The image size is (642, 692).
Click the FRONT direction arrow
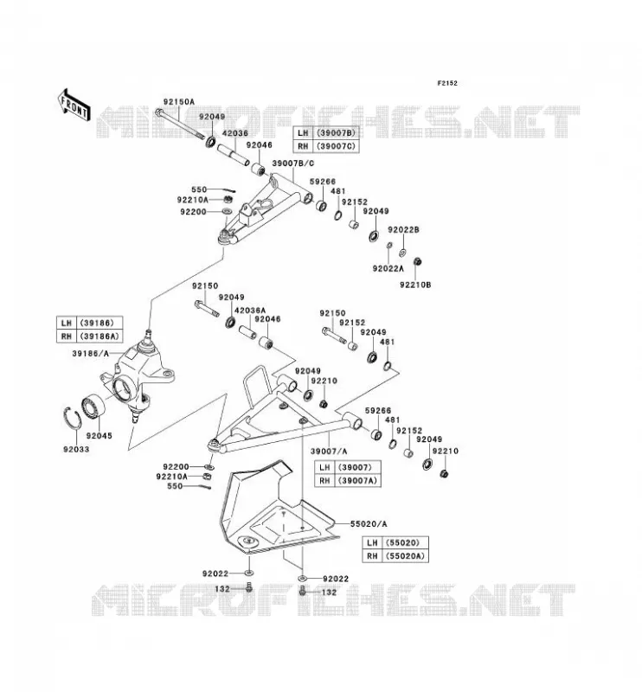pyautogui.click(x=74, y=105)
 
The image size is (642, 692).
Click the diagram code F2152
pyautogui.click(x=447, y=83)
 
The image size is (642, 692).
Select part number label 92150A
pyautogui.click(x=179, y=101)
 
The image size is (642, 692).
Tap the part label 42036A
pyautogui.click(x=250, y=311)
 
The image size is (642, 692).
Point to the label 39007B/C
pyautogui.click(x=293, y=163)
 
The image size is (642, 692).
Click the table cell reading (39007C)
pyautogui.click(x=336, y=146)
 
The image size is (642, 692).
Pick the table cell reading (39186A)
pyautogui.click(x=100, y=336)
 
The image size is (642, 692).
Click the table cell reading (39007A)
pyautogui.click(x=357, y=480)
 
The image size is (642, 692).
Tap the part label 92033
pyautogui.click(x=76, y=449)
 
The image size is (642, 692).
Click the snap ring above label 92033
pyautogui.click(x=71, y=418)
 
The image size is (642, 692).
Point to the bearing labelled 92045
pyautogui.click(x=93, y=406)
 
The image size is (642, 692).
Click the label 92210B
pyautogui.click(x=415, y=285)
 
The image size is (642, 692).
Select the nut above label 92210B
pyautogui.click(x=417, y=262)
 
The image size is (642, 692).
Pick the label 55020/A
pyautogui.click(x=369, y=524)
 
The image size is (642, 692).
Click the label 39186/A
pyautogui.click(x=90, y=353)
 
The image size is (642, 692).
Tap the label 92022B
pyautogui.click(x=403, y=229)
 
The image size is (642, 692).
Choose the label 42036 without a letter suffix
pyautogui.click(x=234, y=133)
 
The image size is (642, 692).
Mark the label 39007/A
pyautogui.click(x=329, y=451)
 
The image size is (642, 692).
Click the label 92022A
pyautogui.click(x=388, y=268)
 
